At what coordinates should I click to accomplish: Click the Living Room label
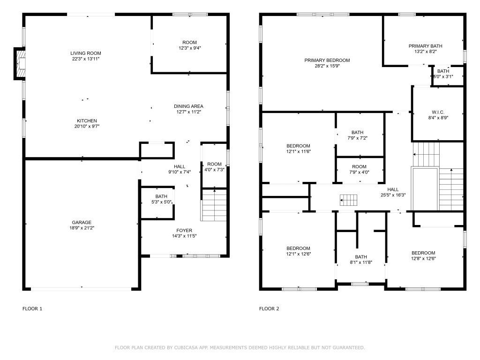[86, 53]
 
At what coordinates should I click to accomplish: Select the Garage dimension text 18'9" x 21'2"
[82, 228]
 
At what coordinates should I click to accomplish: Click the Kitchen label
[87, 121]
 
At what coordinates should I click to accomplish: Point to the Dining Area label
[188, 106]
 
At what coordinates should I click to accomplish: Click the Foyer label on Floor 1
[184, 231]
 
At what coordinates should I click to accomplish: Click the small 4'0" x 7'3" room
[214, 167]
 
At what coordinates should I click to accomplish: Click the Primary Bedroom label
[327, 60]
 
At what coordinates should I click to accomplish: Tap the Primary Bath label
[425, 46]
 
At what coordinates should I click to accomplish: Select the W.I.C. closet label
[438, 112]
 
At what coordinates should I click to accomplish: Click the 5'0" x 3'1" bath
[443, 74]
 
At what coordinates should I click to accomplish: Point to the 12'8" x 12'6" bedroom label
[423, 253]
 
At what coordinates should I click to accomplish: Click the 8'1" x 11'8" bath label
[360, 257]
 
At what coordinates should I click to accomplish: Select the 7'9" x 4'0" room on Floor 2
[359, 169]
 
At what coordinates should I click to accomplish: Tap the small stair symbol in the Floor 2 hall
[349, 200]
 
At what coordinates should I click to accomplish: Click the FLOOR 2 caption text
[269, 309]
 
